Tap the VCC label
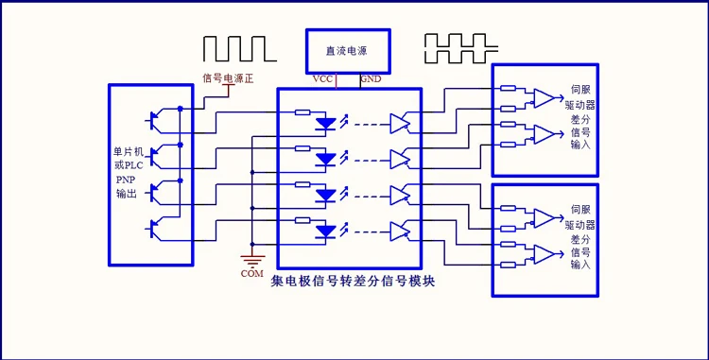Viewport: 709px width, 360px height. (x=322, y=79)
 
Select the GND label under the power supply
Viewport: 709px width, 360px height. (x=371, y=79)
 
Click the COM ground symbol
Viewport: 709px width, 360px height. (x=252, y=261)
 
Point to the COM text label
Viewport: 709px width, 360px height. (x=252, y=273)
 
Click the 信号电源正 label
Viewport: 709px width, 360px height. (x=228, y=78)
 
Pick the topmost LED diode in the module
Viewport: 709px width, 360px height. (x=325, y=124)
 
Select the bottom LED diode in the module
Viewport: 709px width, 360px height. (x=325, y=231)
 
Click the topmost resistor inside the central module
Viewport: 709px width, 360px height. (x=303, y=112)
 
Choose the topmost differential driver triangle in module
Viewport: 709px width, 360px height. (x=400, y=124)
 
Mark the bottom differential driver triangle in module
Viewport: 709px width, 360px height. (x=400, y=231)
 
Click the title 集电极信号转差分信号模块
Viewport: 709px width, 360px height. (x=354, y=282)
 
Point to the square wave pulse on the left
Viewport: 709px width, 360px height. (x=240, y=49)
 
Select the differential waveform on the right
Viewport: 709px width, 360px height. (x=461, y=48)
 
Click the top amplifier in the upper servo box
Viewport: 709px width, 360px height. (x=544, y=98)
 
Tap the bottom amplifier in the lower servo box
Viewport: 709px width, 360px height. (x=544, y=254)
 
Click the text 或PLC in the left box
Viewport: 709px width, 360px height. (x=129, y=165)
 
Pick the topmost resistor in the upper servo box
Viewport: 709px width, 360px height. (x=509, y=89)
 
